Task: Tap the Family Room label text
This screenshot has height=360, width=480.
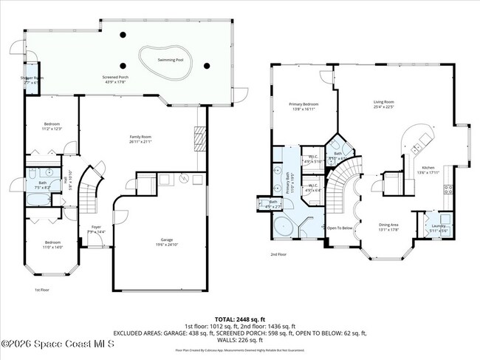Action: [x=140, y=138]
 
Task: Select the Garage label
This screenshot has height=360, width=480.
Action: [x=168, y=240]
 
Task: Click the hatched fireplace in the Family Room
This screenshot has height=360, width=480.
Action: [x=197, y=137]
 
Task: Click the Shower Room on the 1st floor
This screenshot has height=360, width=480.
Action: [x=31, y=80]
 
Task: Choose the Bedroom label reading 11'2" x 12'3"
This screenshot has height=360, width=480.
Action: [x=51, y=126]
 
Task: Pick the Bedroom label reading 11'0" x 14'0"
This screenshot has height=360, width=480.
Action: [x=51, y=245]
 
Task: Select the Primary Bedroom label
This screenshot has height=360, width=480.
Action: [x=302, y=106]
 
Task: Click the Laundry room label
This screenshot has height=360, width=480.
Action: [x=439, y=228]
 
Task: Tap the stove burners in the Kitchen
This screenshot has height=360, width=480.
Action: [x=448, y=190]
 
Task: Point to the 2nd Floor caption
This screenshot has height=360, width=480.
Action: [x=278, y=254]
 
